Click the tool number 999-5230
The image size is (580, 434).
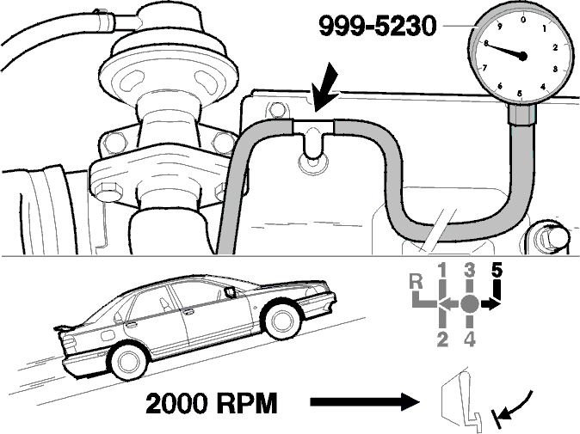378,27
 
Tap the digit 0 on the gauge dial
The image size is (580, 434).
522,19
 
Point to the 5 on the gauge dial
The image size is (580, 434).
520,93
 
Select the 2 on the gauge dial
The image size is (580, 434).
555,47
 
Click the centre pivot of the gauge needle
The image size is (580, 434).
522,57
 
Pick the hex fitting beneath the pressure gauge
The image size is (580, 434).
522,113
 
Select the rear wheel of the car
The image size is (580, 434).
128,361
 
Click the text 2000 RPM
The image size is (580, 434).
211,403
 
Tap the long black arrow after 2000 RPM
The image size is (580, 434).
364,402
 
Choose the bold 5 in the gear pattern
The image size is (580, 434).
497,271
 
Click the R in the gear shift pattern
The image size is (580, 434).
416,282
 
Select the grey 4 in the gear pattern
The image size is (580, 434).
469,339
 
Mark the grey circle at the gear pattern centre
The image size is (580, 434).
470,304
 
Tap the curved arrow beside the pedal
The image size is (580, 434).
516,406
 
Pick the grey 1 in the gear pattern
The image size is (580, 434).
443,271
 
